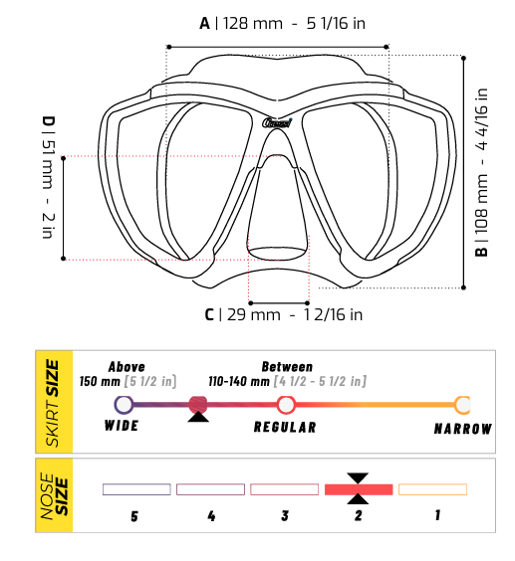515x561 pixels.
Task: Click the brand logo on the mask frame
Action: (x=279, y=123)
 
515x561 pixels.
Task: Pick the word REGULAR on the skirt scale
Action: (x=285, y=428)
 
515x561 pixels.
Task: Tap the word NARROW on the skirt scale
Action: (x=462, y=429)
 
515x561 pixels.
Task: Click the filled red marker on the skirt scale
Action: (x=198, y=404)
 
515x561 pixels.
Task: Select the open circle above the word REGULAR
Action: (x=286, y=404)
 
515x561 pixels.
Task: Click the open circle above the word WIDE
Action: (x=124, y=404)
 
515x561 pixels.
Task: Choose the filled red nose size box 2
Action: (x=358, y=489)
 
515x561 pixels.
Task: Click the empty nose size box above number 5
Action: (x=136, y=489)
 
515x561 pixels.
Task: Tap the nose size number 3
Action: (x=284, y=516)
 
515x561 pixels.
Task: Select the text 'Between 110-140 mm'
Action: (x=287, y=374)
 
